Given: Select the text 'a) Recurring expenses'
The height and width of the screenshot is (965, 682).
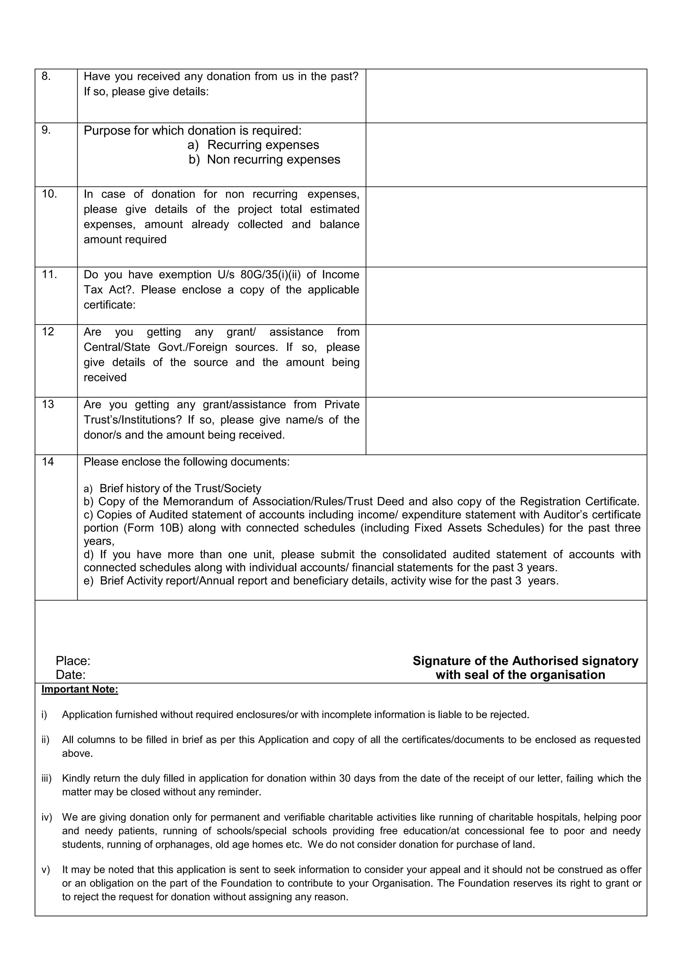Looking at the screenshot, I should (x=253, y=145).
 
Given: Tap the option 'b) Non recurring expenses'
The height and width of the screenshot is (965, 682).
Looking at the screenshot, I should (x=264, y=160).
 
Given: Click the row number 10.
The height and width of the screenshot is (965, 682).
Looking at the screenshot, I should (x=49, y=194).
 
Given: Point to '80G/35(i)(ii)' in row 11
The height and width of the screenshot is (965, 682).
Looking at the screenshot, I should (x=270, y=275).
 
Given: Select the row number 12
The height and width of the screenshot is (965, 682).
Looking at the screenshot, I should (x=48, y=332).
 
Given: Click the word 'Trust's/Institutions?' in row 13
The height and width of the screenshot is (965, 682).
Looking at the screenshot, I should (x=132, y=420).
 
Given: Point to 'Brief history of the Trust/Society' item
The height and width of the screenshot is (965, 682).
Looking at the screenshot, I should (x=180, y=488).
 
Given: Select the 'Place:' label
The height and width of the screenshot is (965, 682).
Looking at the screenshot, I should (x=73, y=661).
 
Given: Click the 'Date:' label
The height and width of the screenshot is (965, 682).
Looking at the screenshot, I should (x=71, y=675).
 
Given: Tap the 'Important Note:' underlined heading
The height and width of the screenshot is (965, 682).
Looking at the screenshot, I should (x=80, y=690).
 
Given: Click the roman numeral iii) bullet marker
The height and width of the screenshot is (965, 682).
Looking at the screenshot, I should (x=46, y=778).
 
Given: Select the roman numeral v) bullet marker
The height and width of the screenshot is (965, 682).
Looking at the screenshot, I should (x=45, y=870).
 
